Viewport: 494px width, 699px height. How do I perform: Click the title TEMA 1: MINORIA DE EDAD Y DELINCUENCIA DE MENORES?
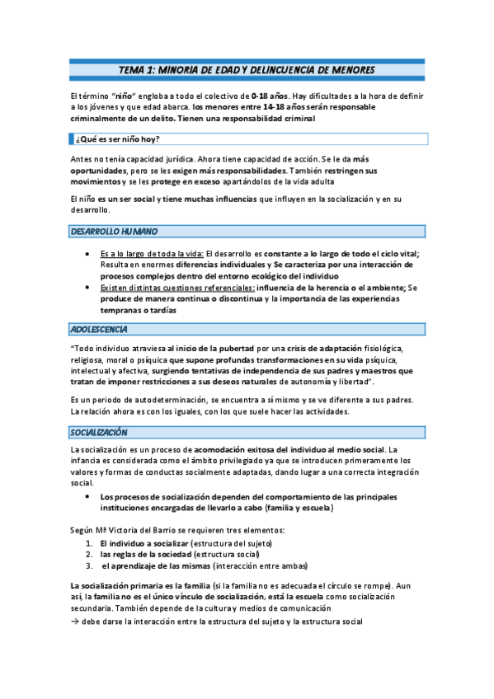247,69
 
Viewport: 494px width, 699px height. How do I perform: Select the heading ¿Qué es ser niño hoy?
118,138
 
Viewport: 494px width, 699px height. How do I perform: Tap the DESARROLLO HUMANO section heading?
113,232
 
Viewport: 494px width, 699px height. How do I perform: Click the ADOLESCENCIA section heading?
98,330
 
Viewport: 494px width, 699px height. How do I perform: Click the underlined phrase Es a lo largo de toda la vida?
151,254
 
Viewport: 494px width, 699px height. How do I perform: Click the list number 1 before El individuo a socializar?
89,545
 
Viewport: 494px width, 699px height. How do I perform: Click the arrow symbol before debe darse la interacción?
73,621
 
